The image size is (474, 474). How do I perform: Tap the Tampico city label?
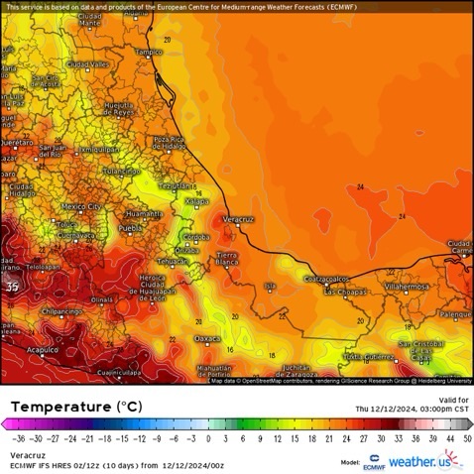pos(149,51)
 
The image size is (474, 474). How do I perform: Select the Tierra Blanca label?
pos(227,259)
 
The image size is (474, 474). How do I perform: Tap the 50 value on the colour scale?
pos(467,437)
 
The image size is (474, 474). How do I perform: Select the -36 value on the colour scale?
pos(18,437)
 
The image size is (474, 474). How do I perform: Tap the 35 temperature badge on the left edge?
pos(11,287)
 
